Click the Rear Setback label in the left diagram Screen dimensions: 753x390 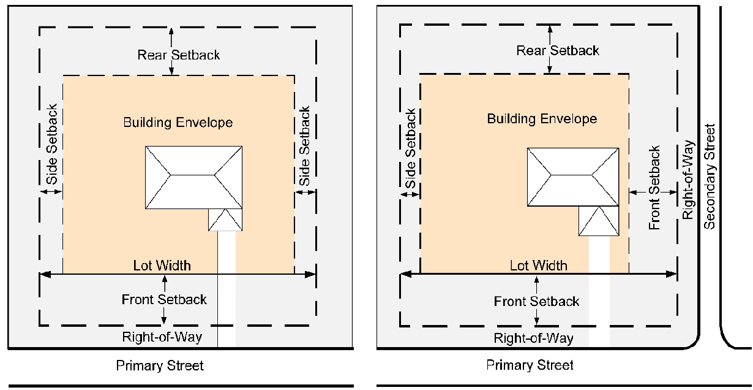(178, 55)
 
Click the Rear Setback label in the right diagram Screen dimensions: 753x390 (558, 50)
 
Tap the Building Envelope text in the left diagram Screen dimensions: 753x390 (178, 123)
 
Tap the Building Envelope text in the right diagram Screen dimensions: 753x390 (542, 118)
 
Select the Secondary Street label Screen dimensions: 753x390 (710, 177)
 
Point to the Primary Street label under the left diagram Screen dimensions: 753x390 (160, 366)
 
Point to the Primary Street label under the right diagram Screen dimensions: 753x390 (530, 365)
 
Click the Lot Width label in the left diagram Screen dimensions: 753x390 (162, 266)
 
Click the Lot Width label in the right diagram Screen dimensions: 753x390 (539, 266)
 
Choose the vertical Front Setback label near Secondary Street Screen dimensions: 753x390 (655, 188)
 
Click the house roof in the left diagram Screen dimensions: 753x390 (192, 177)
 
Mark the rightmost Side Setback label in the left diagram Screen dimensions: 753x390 (304, 147)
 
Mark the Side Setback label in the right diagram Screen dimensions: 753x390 (411, 149)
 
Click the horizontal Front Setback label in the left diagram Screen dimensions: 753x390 (164, 299)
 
